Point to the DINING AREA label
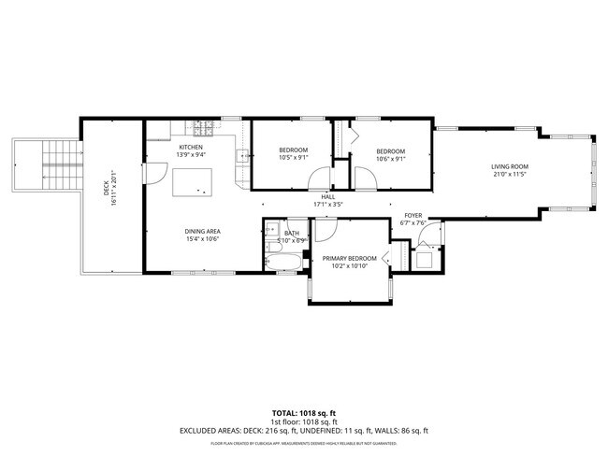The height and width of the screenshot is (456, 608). pyautogui.click(x=202, y=231)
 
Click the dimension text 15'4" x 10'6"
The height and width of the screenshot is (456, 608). pyautogui.click(x=202, y=239)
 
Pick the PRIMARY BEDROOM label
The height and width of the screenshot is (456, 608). pyautogui.click(x=350, y=258)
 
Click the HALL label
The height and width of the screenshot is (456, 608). pyautogui.click(x=327, y=196)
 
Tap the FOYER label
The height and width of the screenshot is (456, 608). pyautogui.click(x=413, y=215)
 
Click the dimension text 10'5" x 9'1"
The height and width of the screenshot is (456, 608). pyautogui.click(x=294, y=158)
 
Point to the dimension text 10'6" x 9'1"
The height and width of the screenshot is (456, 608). pyautogui.click(x=391, y=158)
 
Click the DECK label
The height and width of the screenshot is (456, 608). pyautogui.click(x=106, y=187)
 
